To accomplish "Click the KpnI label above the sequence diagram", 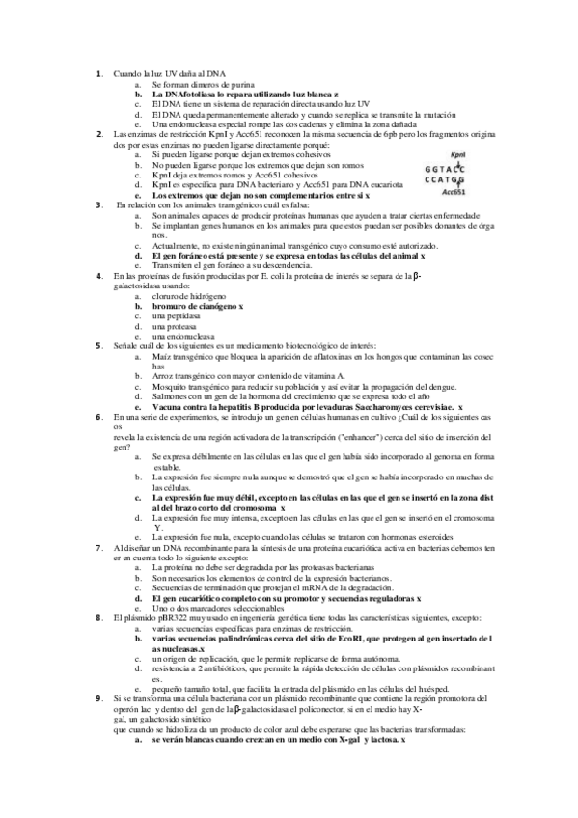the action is click(459, 153).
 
